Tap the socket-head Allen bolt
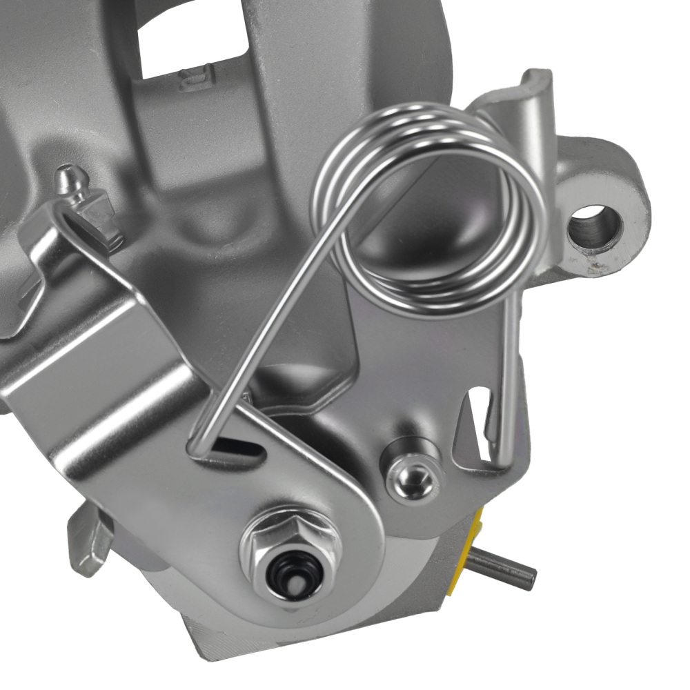(x=413, y=477)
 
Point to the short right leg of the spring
(x=509, y=373)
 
